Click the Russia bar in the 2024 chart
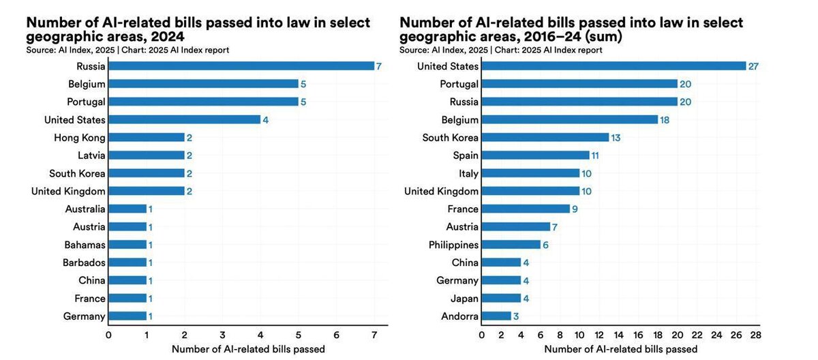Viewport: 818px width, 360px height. coord(241,66)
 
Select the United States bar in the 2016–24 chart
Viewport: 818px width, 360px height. coord(613,66)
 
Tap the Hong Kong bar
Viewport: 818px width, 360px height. coord(147,137)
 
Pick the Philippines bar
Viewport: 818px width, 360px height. coord(511,245)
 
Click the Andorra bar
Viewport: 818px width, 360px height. coord(496,316)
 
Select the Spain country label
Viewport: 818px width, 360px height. coord(466,155)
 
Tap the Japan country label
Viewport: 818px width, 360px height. coord(464,298)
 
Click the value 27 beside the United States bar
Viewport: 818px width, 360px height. coord(753,66)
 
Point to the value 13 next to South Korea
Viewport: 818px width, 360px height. coord(615,138)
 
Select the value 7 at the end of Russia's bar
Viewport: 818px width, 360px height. coord(380,66)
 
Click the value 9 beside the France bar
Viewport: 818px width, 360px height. coord(575,209)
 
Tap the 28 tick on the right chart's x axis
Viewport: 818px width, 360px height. coord(755,335)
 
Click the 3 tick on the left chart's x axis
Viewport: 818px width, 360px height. coord(222,335)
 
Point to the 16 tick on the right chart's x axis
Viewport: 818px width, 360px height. coord(638,335)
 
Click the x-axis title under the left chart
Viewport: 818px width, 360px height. coord(248,349)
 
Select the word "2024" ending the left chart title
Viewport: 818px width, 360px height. coord(166,37)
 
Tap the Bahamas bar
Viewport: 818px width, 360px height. coord(127,245)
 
